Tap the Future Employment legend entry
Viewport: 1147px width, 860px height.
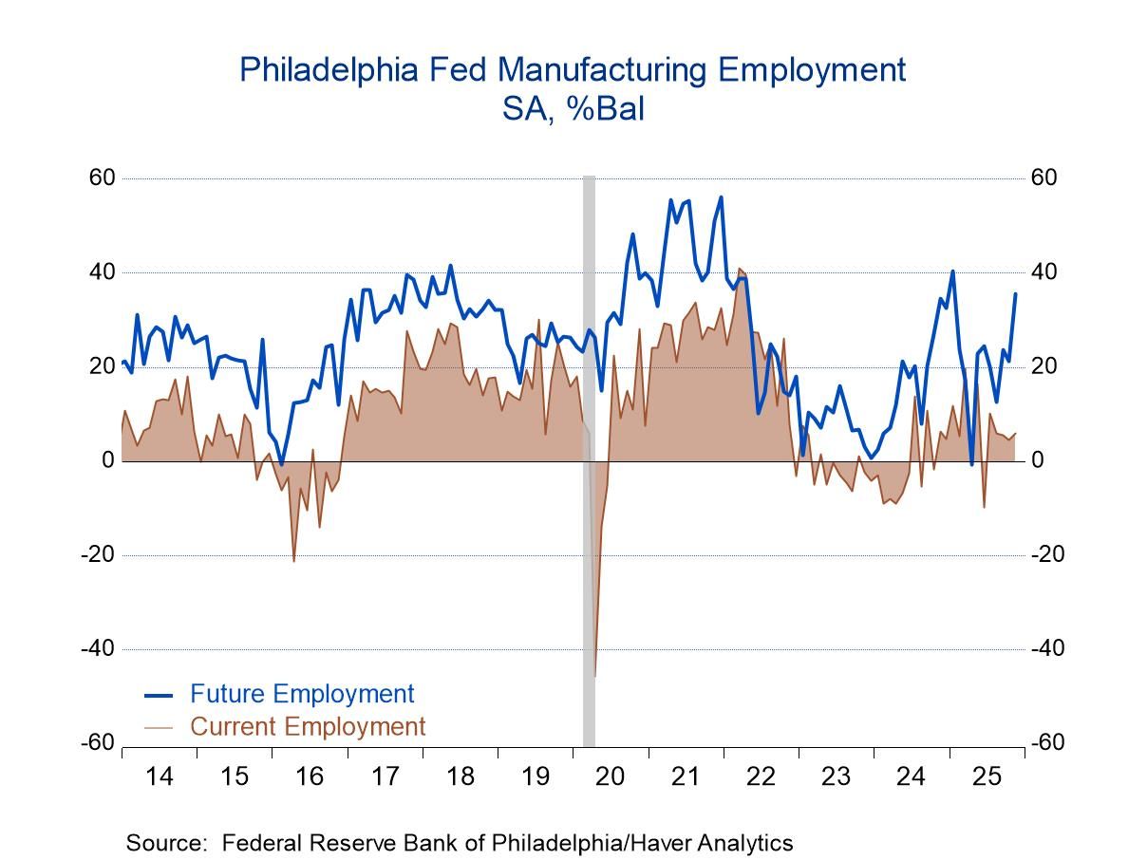(302, 694)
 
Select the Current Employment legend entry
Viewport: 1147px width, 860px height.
(308, 727)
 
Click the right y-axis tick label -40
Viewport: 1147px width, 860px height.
(1047, 649)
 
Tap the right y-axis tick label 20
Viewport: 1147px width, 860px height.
(1044, 366)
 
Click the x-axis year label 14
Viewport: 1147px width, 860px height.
(160, 776)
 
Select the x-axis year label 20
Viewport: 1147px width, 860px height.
(610, 776)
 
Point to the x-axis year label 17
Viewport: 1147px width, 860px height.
(385, 776)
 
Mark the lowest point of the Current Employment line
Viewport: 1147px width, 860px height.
(594, 676)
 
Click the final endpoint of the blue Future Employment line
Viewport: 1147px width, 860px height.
(1015, 294)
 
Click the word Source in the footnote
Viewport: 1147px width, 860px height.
(160, 843)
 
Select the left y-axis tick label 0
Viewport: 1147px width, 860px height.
(108, 461)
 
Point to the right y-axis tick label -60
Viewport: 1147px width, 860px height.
(1047, 743)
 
